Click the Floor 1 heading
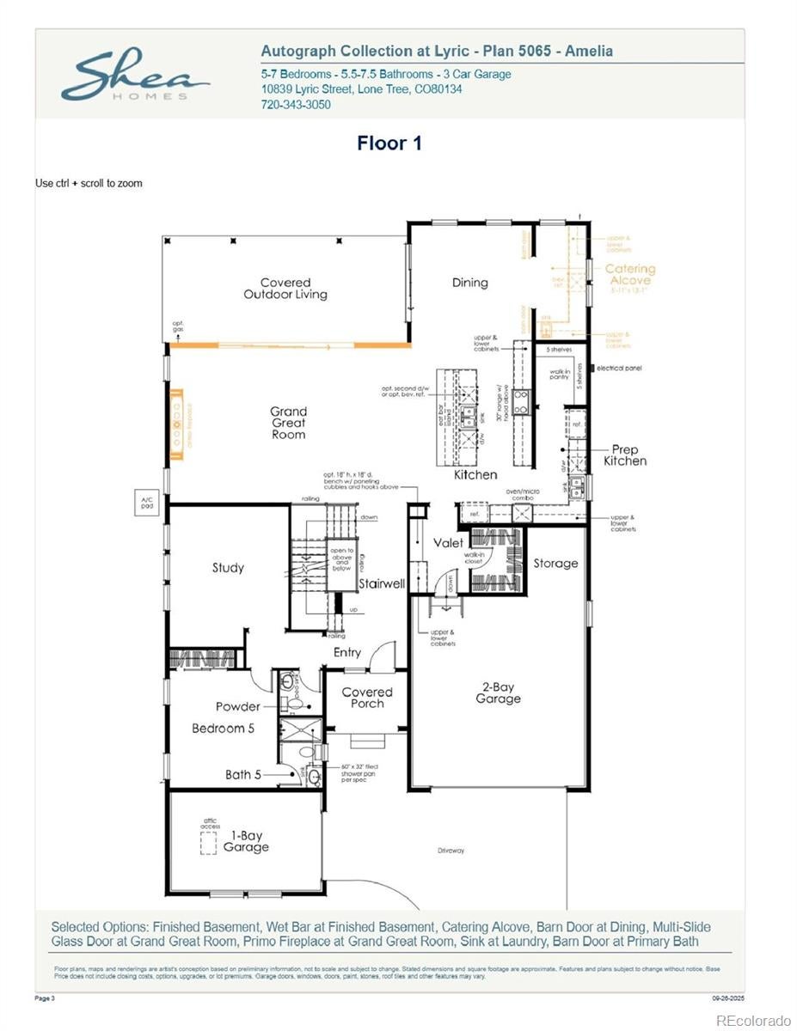tap(389, 143)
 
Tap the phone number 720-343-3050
tap(295, 105)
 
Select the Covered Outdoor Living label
tap(285, 289)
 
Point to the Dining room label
tap(469, 283)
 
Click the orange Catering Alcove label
tap(629, 275)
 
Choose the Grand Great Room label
tap(288, 423)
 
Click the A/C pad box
tap(146, 503)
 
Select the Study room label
tap(228, 568)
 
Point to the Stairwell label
tap(382, 584)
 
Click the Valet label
tap(448, 543)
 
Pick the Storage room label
tap(555, 564)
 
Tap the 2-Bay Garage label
tap(498, 693)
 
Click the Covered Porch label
tap(367, 698)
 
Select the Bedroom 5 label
tap(223, 729)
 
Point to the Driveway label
tap(451, 851)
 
